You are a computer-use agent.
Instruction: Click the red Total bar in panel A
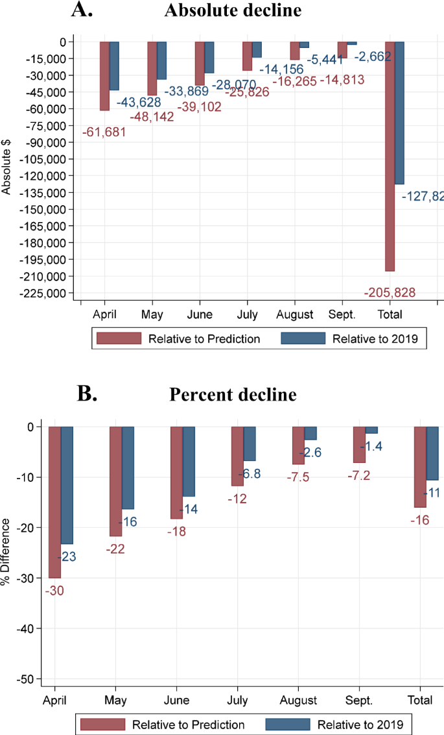pyautogui.click(x=390, y=156)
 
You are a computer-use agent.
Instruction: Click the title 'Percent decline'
pyautogui.click(x=233, y=394)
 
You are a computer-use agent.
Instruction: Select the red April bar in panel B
pyautogui.click(x=54, y=502)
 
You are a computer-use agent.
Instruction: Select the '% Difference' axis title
pyautogui.click(x=6, y=551)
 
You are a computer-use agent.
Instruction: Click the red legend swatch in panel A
pyautogui.click(x=119, y=338)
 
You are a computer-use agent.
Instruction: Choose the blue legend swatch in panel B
pyautogui.click(x=286, y=724)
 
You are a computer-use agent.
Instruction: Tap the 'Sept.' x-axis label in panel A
pyautogui.click(x=342, y=315)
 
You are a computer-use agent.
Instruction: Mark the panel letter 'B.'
pyautogui.click(x=87, y=394)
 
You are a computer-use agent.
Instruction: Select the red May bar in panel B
pyautogui.click(x=115, y=481)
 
